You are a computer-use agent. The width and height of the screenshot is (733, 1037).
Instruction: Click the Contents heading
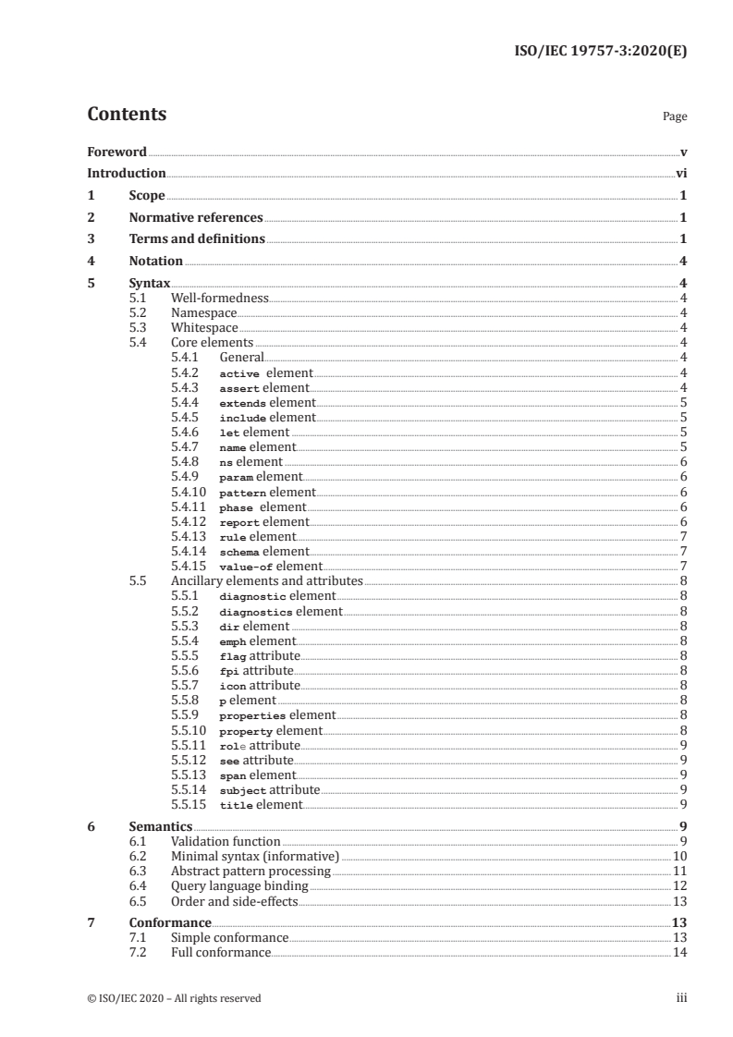pos(127,115)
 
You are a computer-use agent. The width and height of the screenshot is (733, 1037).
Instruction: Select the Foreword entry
pos(116,152)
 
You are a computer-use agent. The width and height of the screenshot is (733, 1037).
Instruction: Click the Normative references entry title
pos(196,218)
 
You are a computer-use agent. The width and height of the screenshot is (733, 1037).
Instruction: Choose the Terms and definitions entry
pos(197,239)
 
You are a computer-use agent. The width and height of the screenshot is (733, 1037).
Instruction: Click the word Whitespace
pos(204,328)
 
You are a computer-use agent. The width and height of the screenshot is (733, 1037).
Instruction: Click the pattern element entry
pos(267,493)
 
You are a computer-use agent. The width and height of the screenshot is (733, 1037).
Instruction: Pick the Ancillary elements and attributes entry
pos(267,581)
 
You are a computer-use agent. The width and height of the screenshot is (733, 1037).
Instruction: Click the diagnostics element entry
pos(280,612)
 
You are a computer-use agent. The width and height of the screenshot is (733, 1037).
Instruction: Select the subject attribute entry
pos(269,790)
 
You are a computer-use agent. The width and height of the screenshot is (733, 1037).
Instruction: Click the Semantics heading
pos(161,826)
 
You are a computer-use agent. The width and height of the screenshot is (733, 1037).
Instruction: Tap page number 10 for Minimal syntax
pos(679,857)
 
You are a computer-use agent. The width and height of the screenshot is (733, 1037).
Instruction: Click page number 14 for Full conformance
pos(679,953)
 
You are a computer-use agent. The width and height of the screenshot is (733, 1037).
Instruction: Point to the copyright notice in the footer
pos(174,998)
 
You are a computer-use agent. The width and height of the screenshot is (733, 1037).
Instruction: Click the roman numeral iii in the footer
pos(682,998)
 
